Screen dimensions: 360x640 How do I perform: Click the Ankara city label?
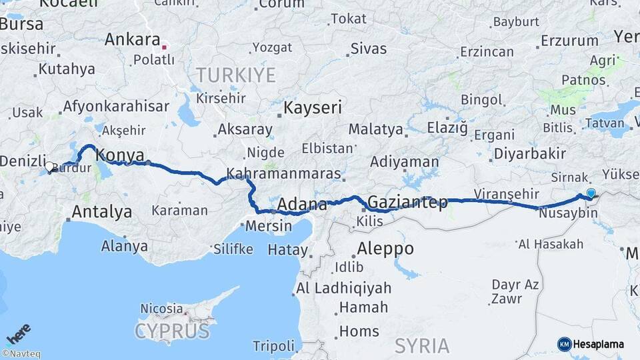133,39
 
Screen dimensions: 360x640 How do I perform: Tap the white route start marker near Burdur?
49,167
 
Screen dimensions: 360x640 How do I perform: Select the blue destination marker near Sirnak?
591,193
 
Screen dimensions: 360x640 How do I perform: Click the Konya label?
120,156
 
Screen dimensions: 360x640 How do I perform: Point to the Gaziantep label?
407,202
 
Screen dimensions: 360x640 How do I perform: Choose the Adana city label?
302,204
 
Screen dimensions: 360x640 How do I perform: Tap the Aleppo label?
385,249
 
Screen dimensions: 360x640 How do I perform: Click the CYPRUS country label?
172,331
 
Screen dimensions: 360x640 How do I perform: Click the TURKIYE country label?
235,75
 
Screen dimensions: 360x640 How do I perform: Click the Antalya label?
101,212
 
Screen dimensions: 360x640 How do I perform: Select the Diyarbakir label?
530,155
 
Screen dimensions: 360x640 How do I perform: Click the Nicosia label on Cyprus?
161,309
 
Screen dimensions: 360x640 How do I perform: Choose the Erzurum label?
569,41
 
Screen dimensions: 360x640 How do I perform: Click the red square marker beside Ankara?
165,47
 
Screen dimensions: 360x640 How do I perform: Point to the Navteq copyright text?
21,354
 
